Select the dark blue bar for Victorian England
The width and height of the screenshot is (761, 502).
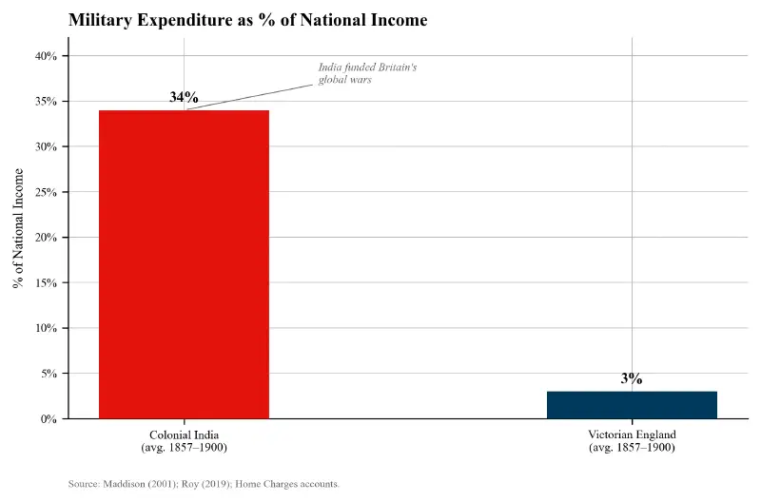tap(632, 404)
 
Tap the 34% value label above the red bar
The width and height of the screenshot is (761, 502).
tap(184, 97)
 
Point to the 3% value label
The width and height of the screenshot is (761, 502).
tap(632, 378)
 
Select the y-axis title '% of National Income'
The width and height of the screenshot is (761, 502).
tap(18, 228)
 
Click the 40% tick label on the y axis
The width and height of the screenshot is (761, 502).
tap(46, 56)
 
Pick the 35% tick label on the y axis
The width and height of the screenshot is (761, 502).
tap(46, 102)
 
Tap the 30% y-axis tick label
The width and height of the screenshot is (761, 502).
tap(46, 147)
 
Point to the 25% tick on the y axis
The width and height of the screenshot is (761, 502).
tap(46, 192)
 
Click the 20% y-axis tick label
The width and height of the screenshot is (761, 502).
tap(46, 238)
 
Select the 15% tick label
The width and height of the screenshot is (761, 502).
tap(46, 283)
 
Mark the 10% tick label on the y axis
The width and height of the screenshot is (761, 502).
tap(46, 328)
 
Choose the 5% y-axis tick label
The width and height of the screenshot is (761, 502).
tap(49, 374)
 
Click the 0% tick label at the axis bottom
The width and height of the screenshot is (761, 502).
tap(49, 419)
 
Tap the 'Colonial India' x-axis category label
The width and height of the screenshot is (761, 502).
tap(184, 440)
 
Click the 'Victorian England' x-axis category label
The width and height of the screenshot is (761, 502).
tap(632, 440)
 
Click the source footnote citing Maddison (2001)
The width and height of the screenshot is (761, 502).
tap(204, 484)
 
